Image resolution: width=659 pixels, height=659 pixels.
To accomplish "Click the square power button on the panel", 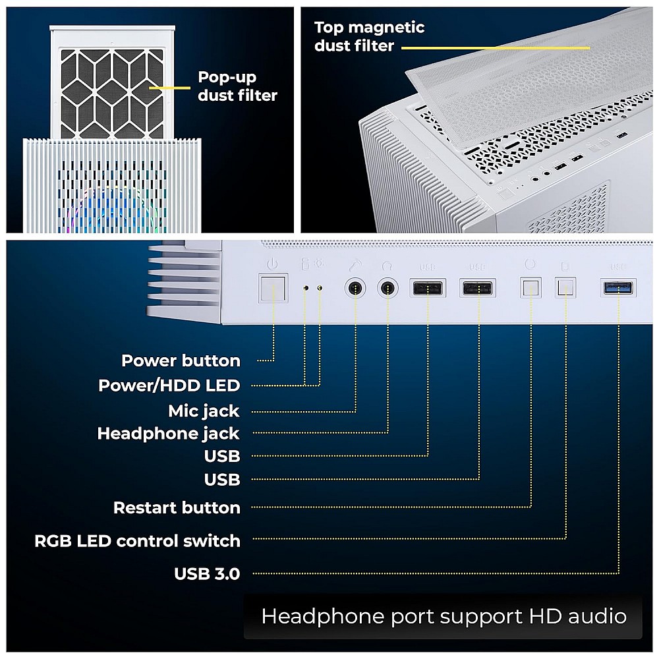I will click(273, 288).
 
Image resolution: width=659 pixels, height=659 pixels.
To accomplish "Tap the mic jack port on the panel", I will click(356, 289).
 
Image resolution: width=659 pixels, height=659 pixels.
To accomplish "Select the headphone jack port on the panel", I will click(387, 289).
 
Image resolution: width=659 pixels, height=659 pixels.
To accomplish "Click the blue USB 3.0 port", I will click(619, 287).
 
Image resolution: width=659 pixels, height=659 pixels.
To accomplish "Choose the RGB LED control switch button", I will click(566, 288).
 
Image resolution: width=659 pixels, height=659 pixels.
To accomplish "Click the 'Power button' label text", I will click(181, 361).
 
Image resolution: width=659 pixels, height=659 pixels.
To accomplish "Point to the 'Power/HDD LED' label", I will click(169, 386).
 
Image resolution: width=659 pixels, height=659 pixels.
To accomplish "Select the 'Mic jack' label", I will click(204, 411).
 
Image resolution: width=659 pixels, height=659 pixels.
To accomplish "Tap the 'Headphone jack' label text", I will click(168, 434).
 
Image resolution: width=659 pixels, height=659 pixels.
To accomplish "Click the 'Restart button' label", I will click(177, 508).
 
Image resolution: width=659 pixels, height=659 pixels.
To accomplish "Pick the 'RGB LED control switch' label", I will click(137, 541).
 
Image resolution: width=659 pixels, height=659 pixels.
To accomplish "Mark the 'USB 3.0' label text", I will click(207, 574).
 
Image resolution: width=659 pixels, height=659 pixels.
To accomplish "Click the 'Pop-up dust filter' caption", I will click(237, 86).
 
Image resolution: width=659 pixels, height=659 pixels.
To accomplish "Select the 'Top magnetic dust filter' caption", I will click(369, 36).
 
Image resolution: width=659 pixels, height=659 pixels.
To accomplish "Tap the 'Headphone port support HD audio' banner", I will click(443, 617).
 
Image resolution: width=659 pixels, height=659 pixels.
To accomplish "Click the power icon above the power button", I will click(273, 264).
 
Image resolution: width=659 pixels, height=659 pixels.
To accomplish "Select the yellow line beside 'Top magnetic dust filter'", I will click(495, 48).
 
